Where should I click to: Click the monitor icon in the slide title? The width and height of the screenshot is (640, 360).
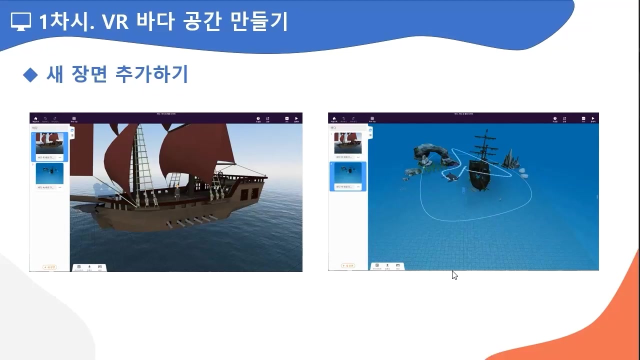(20, 21)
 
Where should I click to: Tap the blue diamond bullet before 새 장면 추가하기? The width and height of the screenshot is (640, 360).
(30, 75)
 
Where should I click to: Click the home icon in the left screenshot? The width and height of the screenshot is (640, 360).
(35, 118)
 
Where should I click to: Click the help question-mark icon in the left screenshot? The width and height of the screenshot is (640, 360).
(258, 118)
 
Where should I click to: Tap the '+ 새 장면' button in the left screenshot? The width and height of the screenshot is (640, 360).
(49, 267)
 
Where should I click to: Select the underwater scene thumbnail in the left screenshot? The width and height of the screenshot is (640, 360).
(49, 173)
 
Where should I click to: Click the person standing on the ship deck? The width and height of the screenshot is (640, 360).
(176, 191)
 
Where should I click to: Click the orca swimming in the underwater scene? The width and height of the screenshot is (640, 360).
(451, 176)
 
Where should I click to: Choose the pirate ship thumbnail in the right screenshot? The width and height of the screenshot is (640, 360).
(347, 143)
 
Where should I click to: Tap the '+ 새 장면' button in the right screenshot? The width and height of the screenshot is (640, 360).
(348, 266)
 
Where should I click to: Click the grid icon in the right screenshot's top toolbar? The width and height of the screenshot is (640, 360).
(372, 118)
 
